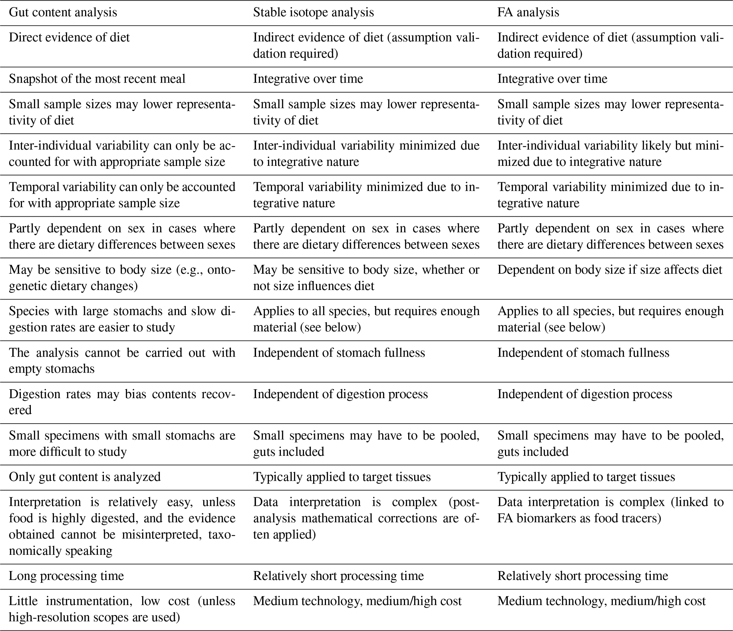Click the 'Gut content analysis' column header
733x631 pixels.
[x=63, y=12]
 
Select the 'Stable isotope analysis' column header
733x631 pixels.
[x=313, y=12]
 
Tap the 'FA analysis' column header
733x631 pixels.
[x=528, y=12]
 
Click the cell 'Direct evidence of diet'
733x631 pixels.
[x=69, y=38]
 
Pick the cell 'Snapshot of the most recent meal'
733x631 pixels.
[x=97, y=79]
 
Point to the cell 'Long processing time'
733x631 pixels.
[x=66, y=576]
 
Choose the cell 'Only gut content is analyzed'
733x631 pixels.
[x=84, y=477]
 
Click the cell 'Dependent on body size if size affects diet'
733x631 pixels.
[x=610, y=270]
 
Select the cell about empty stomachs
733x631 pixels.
[x=122, y=361]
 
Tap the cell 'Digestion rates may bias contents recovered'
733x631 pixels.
[x=122, y=402]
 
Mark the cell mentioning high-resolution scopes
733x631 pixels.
[x=122, y=609]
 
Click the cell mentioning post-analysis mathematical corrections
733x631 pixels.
[x=366, y=518]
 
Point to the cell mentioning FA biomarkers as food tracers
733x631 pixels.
[x=610, y=510]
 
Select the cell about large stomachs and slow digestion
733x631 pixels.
[x=122, y=319]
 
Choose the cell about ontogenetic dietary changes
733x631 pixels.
[x=122, y=278]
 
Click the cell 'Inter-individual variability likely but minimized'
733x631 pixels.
[x=610, y=153]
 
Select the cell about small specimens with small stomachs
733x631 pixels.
[x=122, y=443]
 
